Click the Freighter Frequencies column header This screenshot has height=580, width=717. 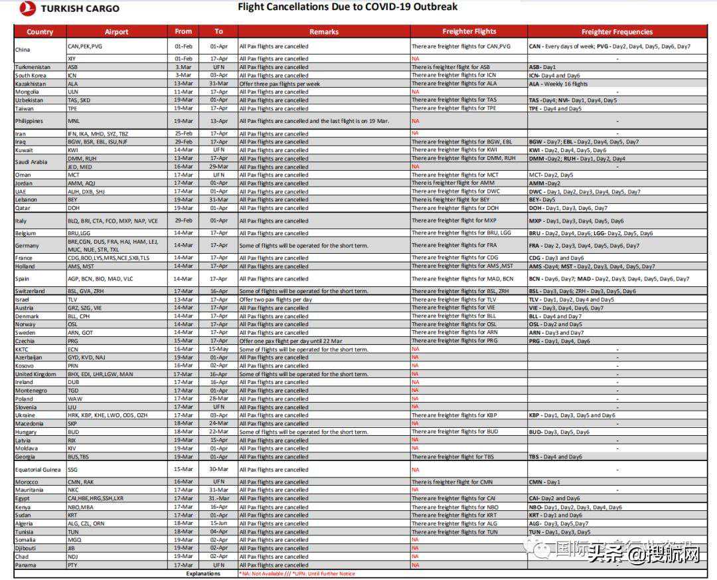(x=617, y=31)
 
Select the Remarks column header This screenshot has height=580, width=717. (x=324, y=31)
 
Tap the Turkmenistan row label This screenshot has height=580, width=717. (x=33, y=67)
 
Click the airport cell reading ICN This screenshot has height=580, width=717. (x=73, y=76)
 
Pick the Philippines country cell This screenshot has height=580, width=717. (x=29, y=121)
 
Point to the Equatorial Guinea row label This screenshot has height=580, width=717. (x=39, y=470)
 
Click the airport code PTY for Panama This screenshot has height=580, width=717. (x=72, y=565)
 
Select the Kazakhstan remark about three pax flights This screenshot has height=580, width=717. (x=279, y=84)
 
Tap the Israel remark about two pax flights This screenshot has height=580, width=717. (x=276, y=300)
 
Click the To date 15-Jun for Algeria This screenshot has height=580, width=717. (x=218, y=524)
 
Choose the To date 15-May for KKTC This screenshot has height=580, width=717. (x=218, y=349)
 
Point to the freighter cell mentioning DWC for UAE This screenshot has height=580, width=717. (x=456, y=191)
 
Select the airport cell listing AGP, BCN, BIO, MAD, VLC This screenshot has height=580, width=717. (x=100, y=279)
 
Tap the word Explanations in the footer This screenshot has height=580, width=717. (x=203, y=573)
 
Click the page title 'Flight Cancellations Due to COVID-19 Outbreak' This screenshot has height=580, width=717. (x=347, y=7)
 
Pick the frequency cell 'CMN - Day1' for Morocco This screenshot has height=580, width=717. (x=544, y=482)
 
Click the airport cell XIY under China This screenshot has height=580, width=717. (x=72, y=58)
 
